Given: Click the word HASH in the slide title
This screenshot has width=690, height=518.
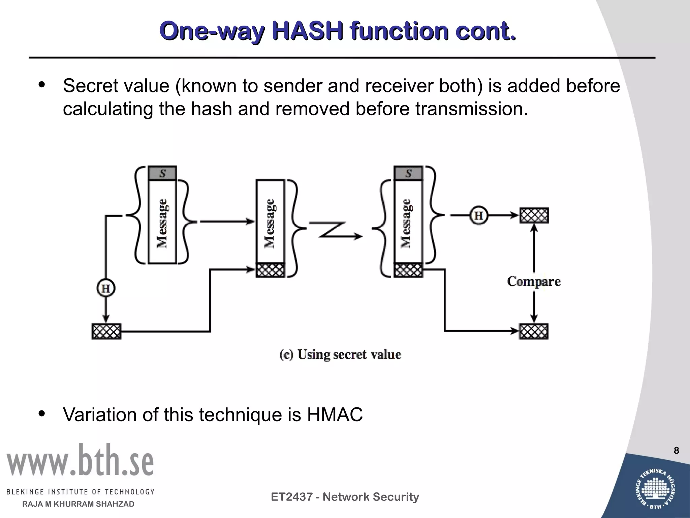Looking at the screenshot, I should (308, 31).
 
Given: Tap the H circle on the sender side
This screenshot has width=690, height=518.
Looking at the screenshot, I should (106, 289).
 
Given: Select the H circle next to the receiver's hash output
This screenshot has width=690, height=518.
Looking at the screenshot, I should (479, 215).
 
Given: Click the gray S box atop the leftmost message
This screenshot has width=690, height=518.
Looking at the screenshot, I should (162, 174).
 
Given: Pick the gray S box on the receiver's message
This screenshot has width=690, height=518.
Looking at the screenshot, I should (408, 174).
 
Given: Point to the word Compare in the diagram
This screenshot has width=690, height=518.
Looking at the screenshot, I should (534, 282).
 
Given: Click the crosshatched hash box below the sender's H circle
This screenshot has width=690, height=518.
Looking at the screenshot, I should (106, 331).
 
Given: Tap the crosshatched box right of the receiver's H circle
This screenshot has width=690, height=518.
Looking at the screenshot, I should (534, 215).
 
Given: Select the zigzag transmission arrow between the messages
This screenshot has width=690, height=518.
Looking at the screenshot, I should (335, 231).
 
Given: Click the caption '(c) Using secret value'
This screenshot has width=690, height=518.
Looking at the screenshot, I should (340, 354).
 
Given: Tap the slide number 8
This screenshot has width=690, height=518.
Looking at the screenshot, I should (676, 451).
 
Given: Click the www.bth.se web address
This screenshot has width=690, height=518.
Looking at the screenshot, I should (80, 461).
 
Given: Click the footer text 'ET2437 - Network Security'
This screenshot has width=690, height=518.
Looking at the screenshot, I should (345, 497).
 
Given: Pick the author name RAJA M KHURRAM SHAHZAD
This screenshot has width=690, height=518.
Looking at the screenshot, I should (78, 504).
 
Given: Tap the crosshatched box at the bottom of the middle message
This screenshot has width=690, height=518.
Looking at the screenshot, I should (270, 270).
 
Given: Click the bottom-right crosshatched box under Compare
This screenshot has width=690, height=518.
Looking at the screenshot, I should (534, 331).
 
